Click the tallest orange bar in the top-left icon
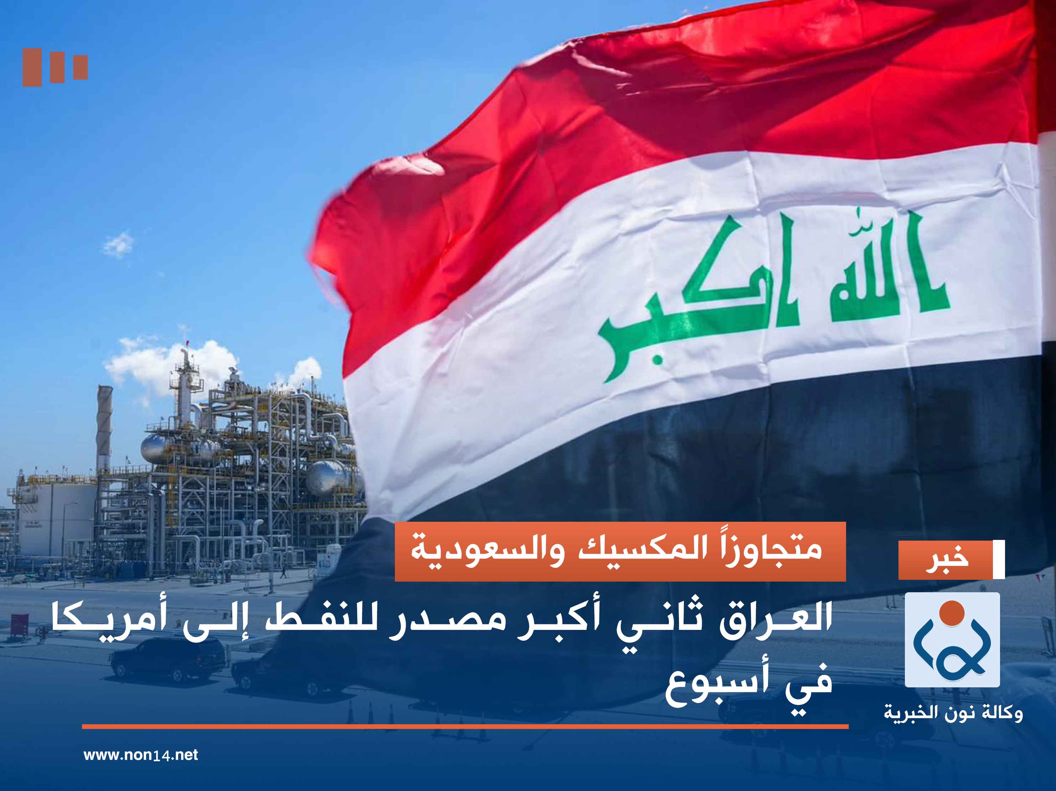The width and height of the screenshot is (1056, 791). (x=32, y=67)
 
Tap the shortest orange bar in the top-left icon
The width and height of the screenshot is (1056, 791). (x=80, y=67)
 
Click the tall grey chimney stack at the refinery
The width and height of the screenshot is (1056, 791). (x=104, y=430)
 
